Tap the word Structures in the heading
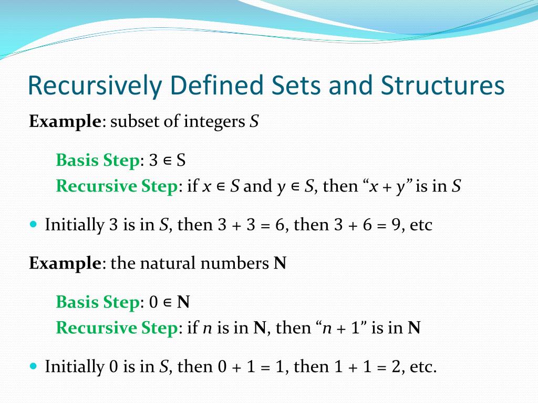442,86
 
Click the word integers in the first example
214,122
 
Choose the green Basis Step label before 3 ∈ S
98,160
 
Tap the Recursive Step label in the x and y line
116,186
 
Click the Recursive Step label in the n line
116,328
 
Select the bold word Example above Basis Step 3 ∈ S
65,122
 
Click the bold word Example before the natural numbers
65,263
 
